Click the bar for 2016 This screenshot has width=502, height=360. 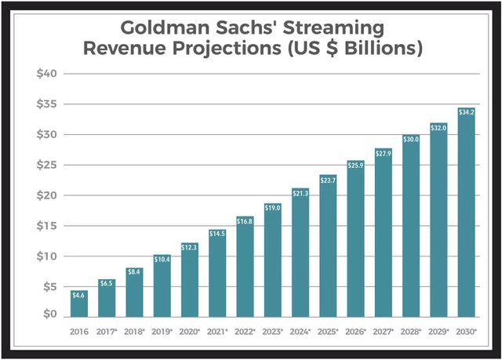(x=79, y=304)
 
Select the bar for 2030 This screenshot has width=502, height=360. (x=466, y=212)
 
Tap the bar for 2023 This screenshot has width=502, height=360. (x=272, y=259)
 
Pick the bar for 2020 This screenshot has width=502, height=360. (x=190, y=279)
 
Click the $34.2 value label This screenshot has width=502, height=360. (x=466, y=112)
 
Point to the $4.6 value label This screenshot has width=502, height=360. (x=79, y=295)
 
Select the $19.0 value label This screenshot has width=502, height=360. (x=272, y=208)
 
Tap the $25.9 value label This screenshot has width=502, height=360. (x=355, y=165)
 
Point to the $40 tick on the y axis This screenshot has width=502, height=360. (x=46, y=74)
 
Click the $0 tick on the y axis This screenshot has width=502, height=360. (x=49, y=315)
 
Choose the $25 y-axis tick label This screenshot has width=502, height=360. (x=46, y=165)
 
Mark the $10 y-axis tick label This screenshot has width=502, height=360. (x=46, y=256)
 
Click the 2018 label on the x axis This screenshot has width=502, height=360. (x=134, y=332)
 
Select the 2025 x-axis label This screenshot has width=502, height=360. (x=327, y=332)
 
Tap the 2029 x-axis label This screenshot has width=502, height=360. (x=438, y=332)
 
